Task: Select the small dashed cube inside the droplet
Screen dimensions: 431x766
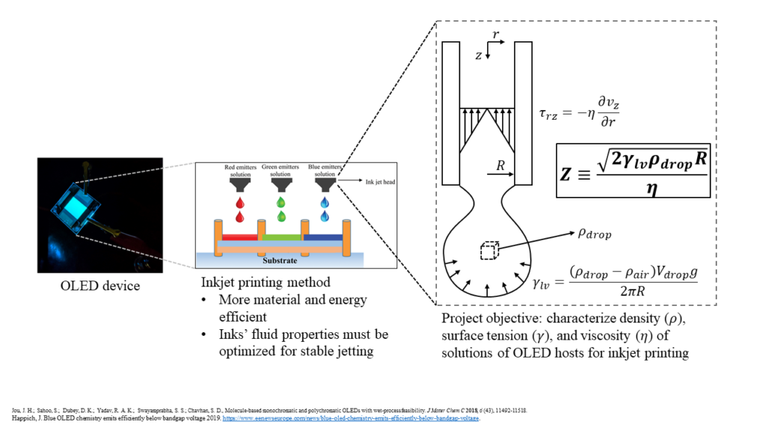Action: point(488,251)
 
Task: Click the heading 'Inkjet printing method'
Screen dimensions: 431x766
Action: point(261,284)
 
